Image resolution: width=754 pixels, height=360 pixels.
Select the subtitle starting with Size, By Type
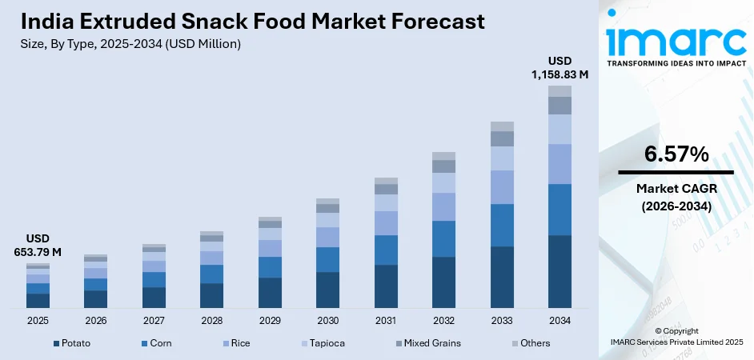pos(131,44)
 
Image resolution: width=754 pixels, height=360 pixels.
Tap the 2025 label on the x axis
pos(38,320)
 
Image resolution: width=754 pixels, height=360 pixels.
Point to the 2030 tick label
pos(327,320)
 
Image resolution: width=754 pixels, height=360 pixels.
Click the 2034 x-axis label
pos(559,320)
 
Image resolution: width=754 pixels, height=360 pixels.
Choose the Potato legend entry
pos(72,343)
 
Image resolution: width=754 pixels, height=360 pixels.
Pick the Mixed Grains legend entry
pos(431,343)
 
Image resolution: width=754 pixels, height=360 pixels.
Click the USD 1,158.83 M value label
pos(559,67)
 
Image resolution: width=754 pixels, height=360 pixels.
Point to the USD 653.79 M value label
pos(38,246)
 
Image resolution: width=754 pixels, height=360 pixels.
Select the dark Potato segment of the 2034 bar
pos(559,271)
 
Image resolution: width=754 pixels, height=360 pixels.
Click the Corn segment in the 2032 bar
pos(443,238)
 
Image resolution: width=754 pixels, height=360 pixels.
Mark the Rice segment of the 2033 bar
pos(502,187)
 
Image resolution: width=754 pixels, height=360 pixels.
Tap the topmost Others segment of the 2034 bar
pos(559,91)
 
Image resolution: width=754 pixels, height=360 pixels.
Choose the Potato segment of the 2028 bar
pos(211,295)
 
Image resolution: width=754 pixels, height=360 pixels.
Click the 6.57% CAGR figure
pos(676,154)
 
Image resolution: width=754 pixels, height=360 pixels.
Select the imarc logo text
pos(676,39)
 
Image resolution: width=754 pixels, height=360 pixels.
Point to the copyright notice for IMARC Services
pos(676,336)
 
